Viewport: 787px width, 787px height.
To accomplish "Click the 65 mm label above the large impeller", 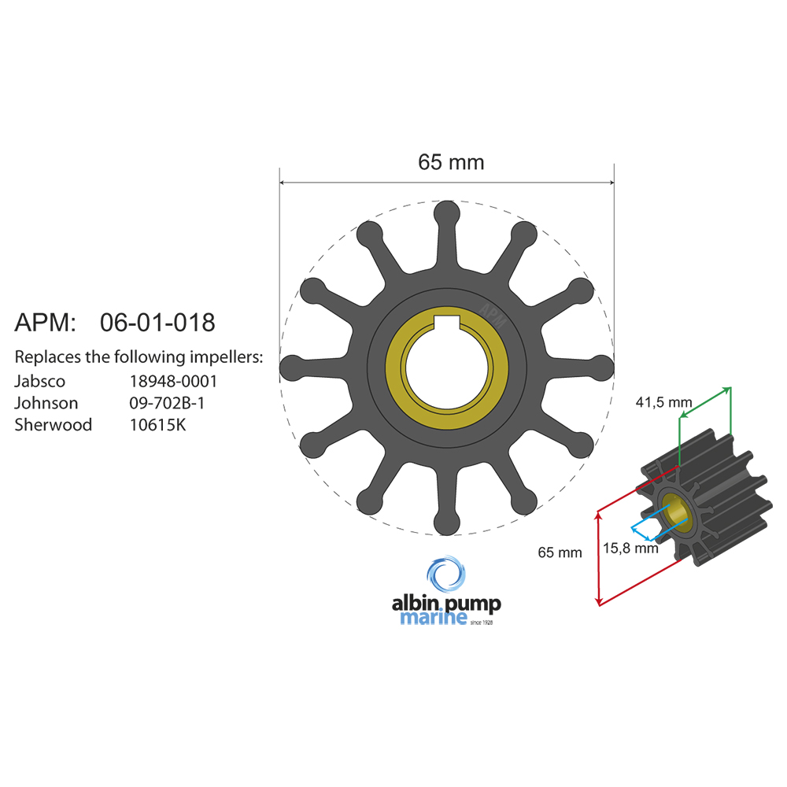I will coord(451,162).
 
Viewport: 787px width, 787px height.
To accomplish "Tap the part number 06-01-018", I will coord(157,323).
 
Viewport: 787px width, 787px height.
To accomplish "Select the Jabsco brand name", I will coord(40,382).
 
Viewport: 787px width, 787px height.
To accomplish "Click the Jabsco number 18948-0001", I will coord(173,382).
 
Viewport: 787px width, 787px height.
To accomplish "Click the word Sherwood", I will coord(54,425).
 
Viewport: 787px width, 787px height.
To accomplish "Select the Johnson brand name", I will coord(46,404).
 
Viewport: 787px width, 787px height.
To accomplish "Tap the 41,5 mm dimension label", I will coord(663,402).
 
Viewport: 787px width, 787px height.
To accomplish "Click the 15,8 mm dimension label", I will coord(630,549).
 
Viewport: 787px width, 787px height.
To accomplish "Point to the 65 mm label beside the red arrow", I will coord(560,552).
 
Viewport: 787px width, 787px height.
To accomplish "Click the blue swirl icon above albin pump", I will coord(446,575).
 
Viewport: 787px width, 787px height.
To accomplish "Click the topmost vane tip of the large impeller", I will coord(446,213).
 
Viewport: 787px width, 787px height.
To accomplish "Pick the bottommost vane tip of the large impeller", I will coord(446,523).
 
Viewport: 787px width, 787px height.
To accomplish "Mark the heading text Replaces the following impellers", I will coord(139,357).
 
